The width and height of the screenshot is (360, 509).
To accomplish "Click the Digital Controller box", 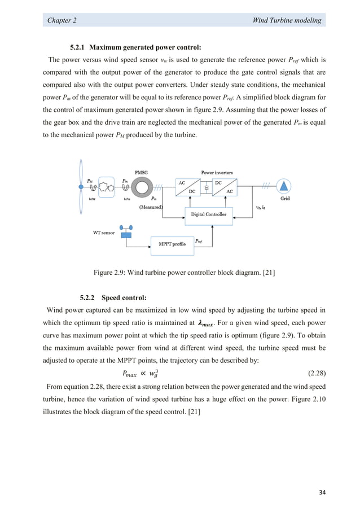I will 208,214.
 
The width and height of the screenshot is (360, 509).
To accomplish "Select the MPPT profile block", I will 171,244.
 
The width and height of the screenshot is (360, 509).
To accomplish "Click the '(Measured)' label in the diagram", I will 151,207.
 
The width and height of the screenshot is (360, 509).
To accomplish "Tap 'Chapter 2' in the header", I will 62,20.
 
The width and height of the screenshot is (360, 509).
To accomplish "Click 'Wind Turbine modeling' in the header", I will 288,20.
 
